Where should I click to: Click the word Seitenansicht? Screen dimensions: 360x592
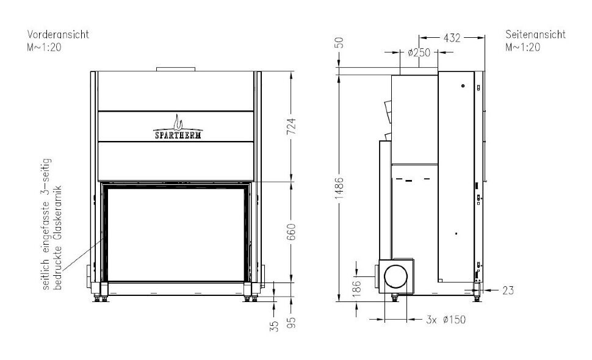[x=536, y=35]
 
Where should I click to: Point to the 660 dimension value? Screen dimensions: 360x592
[x=291, y=232]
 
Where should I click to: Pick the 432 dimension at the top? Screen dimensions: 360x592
[x=452, y=38]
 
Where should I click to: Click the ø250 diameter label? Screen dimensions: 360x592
[x=419, y=53]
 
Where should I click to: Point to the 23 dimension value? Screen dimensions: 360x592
[x=508, y=290]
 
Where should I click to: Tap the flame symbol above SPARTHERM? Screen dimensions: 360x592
[x=177, y=121]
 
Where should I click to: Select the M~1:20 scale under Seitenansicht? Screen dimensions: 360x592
[x=522, y=46]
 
